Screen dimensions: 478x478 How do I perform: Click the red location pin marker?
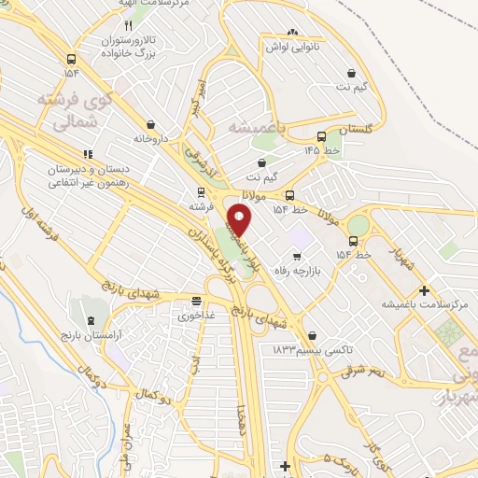point(240,220)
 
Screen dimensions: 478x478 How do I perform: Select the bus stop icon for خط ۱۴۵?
point(322,135)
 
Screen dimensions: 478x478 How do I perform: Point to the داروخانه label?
point(150,138)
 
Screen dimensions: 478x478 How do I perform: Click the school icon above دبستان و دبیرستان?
point(88,154)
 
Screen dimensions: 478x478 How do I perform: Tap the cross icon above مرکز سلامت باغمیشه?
point(425,290)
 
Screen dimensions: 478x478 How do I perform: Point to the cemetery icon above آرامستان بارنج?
point(90,320)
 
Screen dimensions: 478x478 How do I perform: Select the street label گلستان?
point(355,132)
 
